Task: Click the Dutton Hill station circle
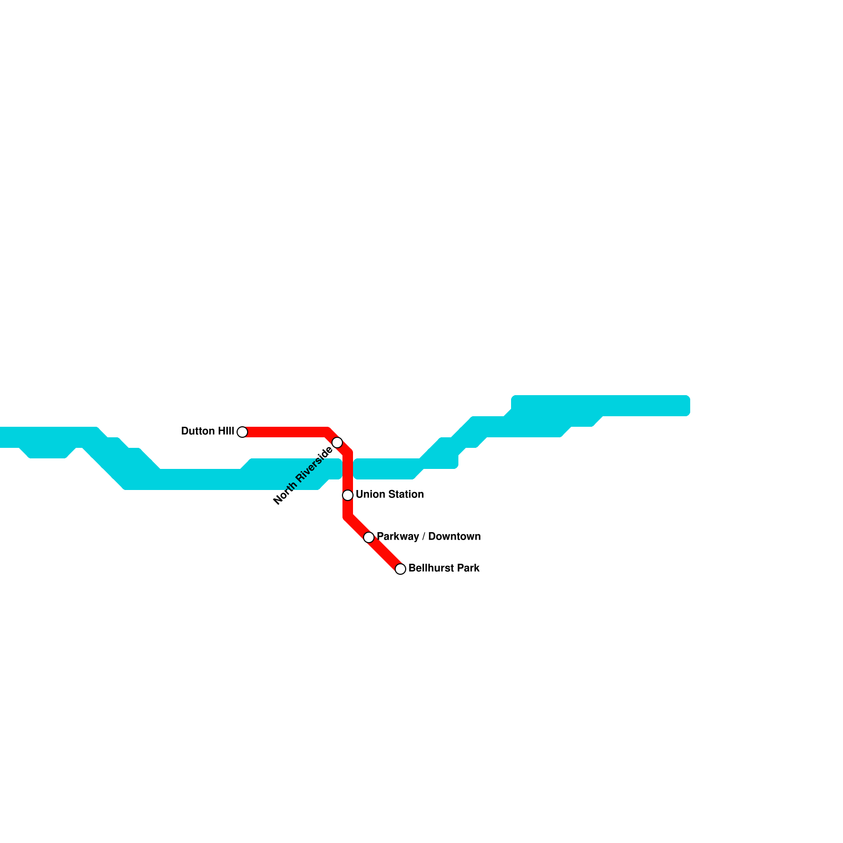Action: point(242,432)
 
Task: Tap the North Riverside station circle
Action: point(337,442)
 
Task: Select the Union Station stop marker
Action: point(348,495)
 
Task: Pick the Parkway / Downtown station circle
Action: point(369,537)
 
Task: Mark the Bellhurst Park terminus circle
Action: point(400,569)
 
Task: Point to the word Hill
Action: point(226,432)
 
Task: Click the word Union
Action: point(367,495)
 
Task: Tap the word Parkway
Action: point(398,537)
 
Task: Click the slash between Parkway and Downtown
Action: point(424,537)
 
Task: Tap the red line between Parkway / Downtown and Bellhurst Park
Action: point(385,553)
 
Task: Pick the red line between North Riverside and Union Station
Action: point(348,472)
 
